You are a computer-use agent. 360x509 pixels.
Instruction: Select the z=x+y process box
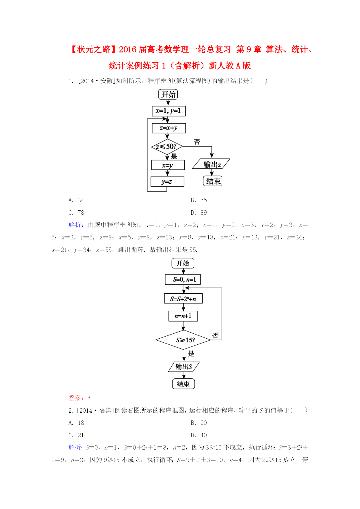[169, 128]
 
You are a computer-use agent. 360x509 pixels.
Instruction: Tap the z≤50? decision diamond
[167, 147]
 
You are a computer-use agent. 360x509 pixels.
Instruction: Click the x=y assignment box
[168, 165]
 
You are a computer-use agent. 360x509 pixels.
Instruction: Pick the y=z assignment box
[167, 182]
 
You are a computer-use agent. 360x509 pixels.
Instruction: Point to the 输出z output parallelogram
[211, 164]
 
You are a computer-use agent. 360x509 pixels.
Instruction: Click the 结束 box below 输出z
[213, 181]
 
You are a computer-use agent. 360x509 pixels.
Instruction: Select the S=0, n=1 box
[183, 279]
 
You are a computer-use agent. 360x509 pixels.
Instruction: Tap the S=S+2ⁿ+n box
[183, 299]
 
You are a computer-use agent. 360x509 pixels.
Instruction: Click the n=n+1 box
[183, 316]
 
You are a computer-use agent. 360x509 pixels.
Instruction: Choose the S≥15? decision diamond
[183, 340]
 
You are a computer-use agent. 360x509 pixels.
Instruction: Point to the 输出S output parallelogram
[184, 367]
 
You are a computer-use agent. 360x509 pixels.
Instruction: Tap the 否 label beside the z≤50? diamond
[197, 142]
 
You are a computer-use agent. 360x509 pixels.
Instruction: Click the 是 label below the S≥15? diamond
[191, 353]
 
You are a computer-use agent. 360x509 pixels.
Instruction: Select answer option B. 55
[199, 200]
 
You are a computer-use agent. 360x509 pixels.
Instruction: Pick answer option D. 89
[199, 213]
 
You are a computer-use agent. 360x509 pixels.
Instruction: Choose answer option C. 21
[76, 435]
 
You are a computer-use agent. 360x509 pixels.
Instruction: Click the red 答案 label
[75, 398]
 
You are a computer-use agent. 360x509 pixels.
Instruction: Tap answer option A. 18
[76, 423]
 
